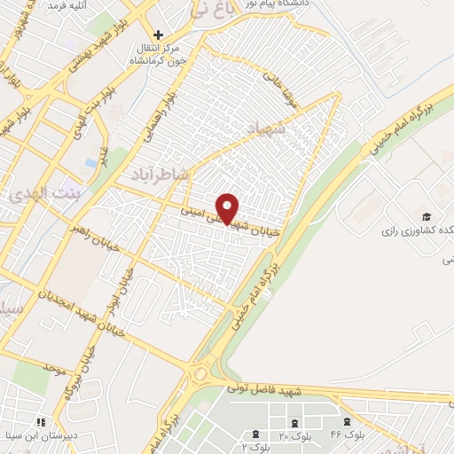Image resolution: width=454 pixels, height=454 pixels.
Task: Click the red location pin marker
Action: (x=228, y=208)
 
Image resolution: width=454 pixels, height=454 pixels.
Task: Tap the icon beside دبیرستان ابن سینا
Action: (x=38, y=421)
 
